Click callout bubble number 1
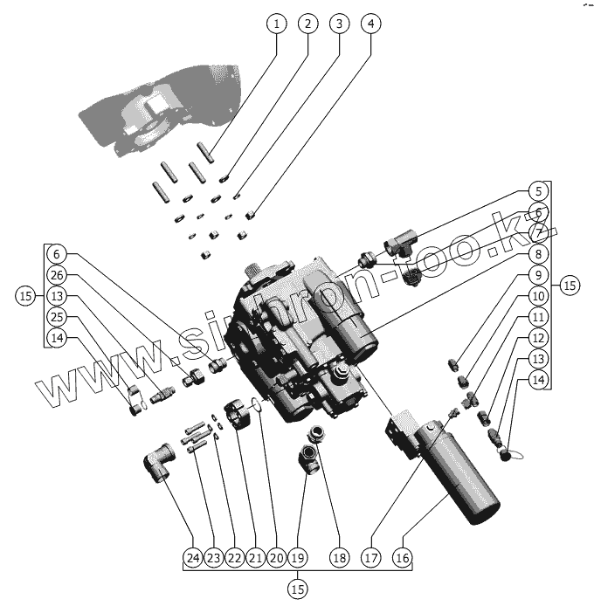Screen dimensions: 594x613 276,24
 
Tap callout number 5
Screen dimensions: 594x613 539,191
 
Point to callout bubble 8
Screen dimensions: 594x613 539,254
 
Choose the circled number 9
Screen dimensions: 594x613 539,275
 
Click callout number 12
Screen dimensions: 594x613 539,337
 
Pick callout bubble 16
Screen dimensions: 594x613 402,557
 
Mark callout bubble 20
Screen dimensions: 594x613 276,557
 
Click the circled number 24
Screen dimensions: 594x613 193,557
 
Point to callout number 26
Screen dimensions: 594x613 57,274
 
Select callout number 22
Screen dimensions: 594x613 234,557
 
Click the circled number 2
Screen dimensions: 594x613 307,24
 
